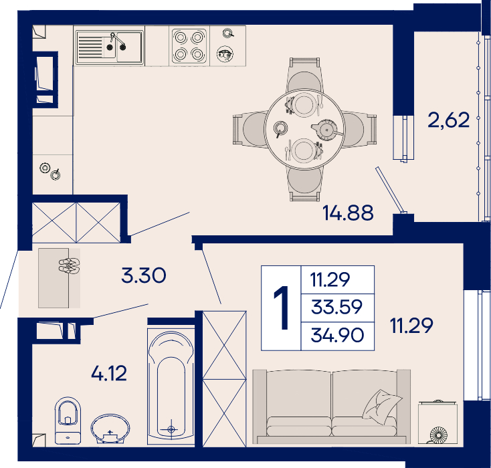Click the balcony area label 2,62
[x=449, y=120]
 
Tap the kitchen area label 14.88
[x=348, y=213]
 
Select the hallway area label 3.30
[x=144, y=275]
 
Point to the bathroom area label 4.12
[x=109, y=373]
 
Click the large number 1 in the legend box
[x=282, y=308]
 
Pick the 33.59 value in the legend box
[x=336, y=307]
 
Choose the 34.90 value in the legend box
[x=337, y=335]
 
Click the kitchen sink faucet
[x=117, y=41]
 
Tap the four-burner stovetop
[x=189, y=46]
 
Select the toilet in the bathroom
[x=68, y=421]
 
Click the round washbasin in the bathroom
[x=110, y=429]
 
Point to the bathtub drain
[x=171, y=429]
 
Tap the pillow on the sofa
[x=382, y=407]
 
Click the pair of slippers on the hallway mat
[x=69, y=266]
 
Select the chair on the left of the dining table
[x=250, y=129]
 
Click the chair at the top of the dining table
[x=304, y=76]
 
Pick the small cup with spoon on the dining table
[x=280, y=128]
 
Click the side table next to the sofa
[x=437, y=423]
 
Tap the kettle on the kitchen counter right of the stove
[x=225, y=54]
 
